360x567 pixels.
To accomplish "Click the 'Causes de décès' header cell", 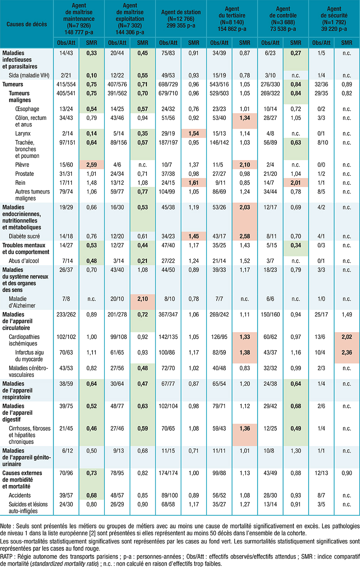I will click(27, 24).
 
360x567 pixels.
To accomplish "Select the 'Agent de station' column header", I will click(181, 19).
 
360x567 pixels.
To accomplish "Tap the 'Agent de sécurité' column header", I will click(334, 19).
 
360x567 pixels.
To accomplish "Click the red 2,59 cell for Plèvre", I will click(92, 165).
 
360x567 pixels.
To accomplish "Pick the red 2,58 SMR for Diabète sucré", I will click(245, 236).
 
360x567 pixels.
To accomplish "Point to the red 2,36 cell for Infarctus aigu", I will click(347, 352).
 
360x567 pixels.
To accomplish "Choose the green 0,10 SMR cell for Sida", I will click(92, 75).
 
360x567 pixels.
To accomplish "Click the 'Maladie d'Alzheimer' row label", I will click(22, 302).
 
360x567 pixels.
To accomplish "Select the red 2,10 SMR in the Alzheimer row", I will click(143, 299).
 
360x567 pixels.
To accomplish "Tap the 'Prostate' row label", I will click(24, 174).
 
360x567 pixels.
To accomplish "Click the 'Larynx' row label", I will click(23, 133).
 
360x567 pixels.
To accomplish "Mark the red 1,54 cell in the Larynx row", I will click(193, 133).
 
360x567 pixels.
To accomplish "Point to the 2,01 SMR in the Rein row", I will click(296, 182).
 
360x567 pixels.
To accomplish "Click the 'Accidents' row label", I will click(20, 495).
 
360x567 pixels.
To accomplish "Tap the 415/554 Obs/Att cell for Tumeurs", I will click(66, 84).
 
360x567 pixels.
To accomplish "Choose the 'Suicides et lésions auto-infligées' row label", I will click(28, 508).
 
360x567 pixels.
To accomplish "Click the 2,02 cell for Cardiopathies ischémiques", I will click(347, 337).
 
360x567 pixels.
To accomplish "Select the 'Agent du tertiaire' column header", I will click(232, 19).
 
